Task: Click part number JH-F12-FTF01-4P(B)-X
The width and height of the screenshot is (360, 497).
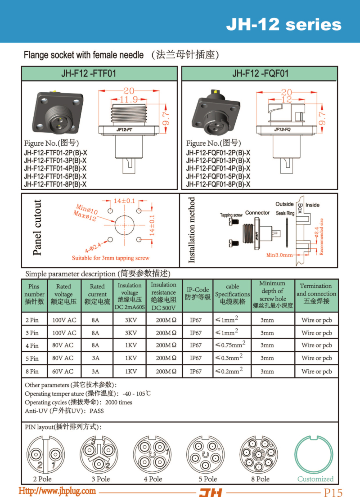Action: pyautogui.click(x=55, y=168)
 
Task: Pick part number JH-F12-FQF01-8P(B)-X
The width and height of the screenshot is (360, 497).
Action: pyautogui.click(x=218, y=184)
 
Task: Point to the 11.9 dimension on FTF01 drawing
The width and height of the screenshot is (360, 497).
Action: pyautogui.click(x=130, y=99)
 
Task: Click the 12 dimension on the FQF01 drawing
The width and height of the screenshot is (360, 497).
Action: pyautogui.click(x=286, y=99)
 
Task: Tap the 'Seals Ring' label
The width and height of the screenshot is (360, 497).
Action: pyautogui.click(x=285, y=213)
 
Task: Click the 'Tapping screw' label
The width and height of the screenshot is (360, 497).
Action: pyautogui.click(x=232, y=215)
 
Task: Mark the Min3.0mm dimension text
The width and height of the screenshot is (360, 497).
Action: pyautogui.click(x=279, y=255)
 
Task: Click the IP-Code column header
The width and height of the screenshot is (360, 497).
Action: pyautogui.click(x=198, y=293)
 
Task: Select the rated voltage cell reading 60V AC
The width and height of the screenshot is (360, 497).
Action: pyautogui.click(x=64, y=372)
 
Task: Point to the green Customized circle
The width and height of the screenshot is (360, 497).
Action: pyautogui.click(x=315, y=454)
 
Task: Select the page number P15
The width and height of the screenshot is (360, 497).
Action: pyautogui.click(x=333, y=492)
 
